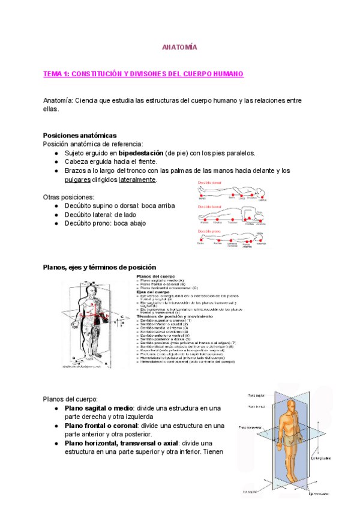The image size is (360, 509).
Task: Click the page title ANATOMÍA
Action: point(179,47)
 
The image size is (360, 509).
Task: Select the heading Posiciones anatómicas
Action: point(80,135)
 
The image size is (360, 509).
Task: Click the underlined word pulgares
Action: point(77,179)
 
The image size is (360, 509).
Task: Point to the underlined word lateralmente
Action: point(137,179)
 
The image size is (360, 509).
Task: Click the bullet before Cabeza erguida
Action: point(56,162)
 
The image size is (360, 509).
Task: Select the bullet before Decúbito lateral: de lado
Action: point(56,214)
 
